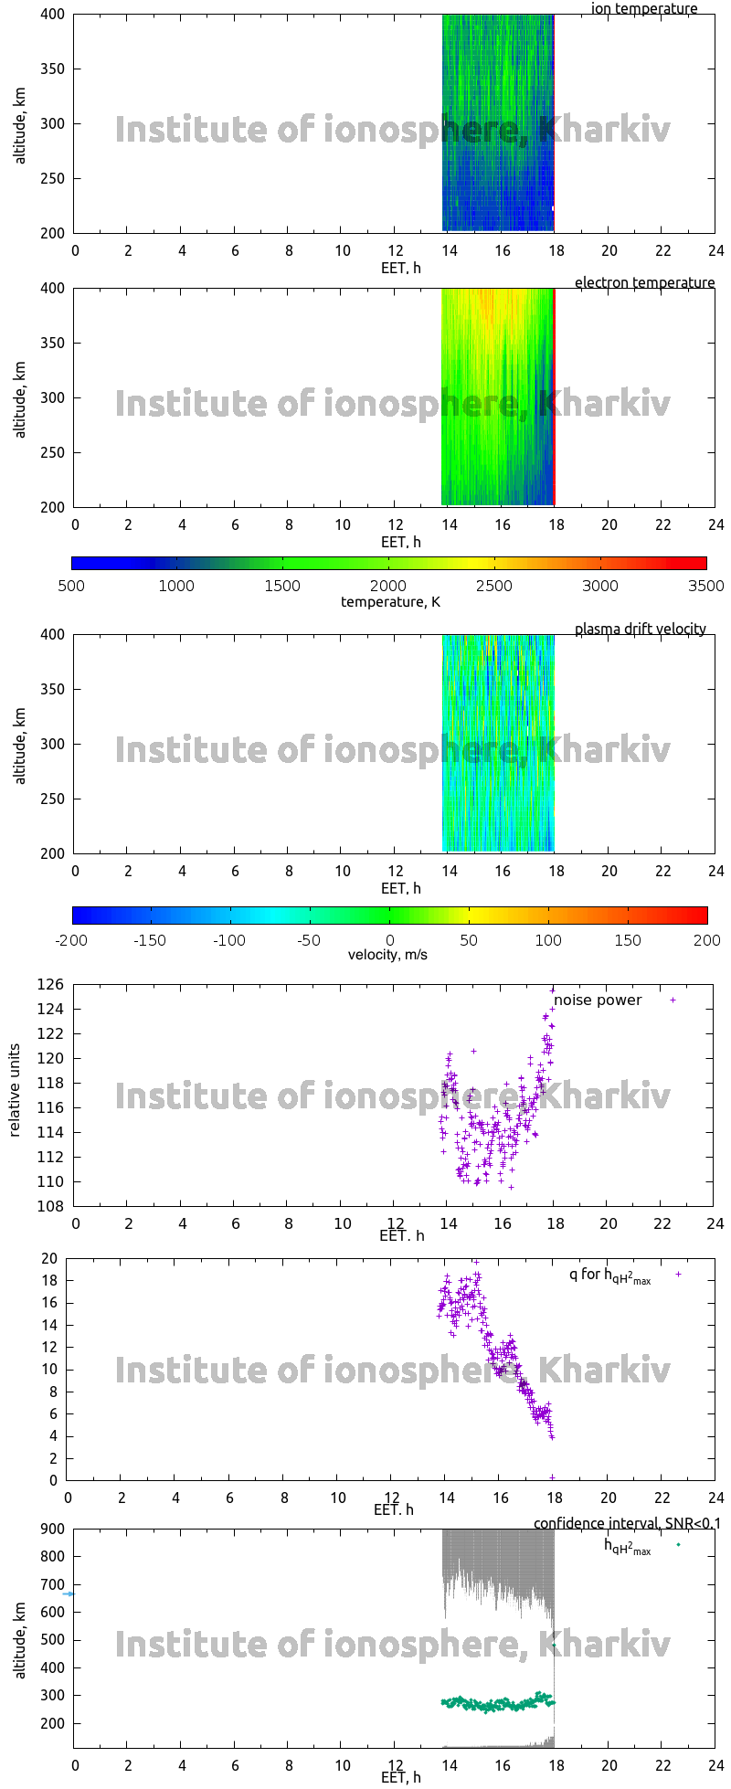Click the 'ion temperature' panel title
(x=643, y=9)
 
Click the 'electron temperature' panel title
(x=644, y=283)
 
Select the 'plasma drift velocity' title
(x=640, y=630)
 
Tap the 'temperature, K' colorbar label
(x=390, y=602)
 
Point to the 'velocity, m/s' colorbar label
(x=387, y=955)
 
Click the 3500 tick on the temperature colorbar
(x=705, y=587)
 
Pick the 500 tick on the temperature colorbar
(x=71, y=587)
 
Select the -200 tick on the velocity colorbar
(x=72, y=940)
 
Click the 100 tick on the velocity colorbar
(x=548, y=940)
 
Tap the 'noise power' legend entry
(x=598, y=1000)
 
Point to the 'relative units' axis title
(x=15, y=1095)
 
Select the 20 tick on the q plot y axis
(x=49, y=1259)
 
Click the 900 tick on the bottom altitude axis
(x=52, y=1529)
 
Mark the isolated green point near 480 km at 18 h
(x=554, y=1646)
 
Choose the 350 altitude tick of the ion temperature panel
(x=52, y=69)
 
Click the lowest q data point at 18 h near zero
(x=552, y=1477)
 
